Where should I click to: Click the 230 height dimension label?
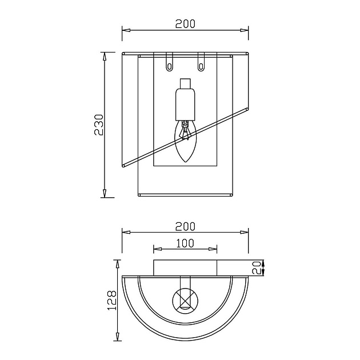tap(99, 125)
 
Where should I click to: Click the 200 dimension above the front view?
tap(185, 24)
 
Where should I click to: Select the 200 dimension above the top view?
tap(185, 227)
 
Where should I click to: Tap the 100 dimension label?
tap(185, 243)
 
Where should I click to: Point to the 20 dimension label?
tap(257, 267)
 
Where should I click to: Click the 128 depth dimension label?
tap(112, 301)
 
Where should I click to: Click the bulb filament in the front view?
tap(185, 131)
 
